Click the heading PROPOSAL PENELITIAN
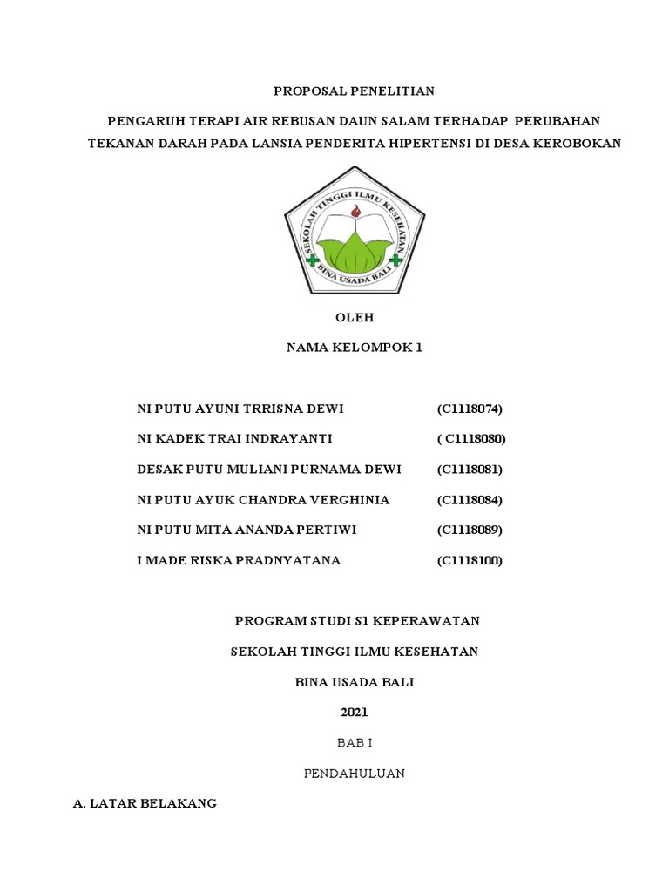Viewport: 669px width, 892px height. tap(354, 91)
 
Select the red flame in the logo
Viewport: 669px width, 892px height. tap(355, 212)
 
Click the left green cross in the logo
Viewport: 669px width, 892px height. tap(312, 260)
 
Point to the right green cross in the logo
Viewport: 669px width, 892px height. tap(397, 260)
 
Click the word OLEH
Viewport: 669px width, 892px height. tap(355, 318)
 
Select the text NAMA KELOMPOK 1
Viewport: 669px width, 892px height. tap(355, 348)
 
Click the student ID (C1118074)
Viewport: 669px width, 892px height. tap(470, 409)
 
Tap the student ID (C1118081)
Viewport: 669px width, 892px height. tap(470, 470)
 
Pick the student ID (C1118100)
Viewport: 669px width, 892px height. tap(470, 560)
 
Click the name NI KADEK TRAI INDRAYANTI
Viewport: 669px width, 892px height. tap(235, 439)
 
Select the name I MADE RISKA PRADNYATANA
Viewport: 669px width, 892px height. tap(239, 560)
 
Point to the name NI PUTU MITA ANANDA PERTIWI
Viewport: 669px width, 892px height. tap(247, 530)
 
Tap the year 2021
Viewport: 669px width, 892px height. tap(355, 712)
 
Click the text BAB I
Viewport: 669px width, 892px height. tap(355, 742)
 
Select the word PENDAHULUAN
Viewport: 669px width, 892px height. tap(354, 773)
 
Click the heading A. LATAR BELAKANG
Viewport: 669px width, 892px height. tap(145, 803)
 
